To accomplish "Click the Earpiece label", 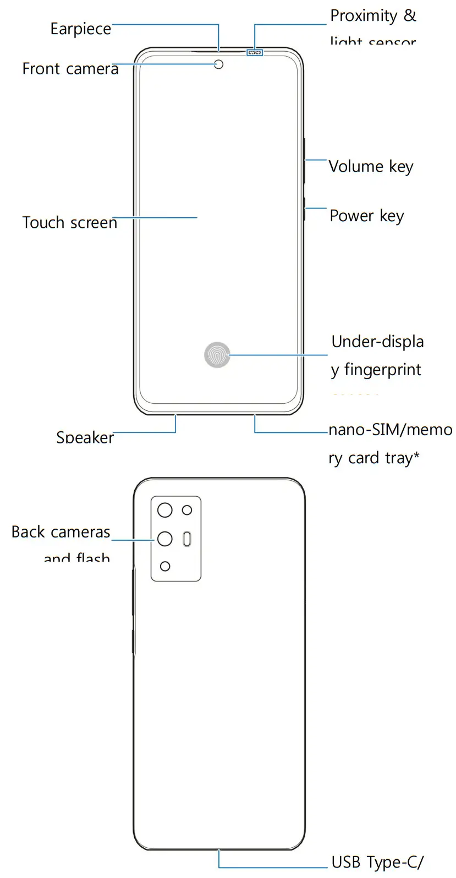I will [80, 29].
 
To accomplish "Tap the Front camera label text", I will [70, 69].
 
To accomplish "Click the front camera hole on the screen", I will [219, 64].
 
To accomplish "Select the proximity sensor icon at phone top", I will [255, 53].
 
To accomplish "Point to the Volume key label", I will [371, 166].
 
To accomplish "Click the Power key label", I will [366, 216].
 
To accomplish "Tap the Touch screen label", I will [69, 222].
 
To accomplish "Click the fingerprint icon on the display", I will [217, 355].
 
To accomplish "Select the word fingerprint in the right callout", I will [382, 370].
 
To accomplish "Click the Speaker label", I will [85, 437].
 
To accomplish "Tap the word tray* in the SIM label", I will [402, 458].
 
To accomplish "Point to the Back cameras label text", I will [61, 532].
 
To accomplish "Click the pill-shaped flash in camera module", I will [187, 539].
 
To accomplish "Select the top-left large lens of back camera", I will [165, 510].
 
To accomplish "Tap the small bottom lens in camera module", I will [165, 566].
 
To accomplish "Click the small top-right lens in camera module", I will [187, 510].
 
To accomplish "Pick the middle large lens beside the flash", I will [165, 539].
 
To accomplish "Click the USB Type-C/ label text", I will [377, 862].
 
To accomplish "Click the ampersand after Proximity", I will [410, 15].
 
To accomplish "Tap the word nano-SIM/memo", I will [390, 429].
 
